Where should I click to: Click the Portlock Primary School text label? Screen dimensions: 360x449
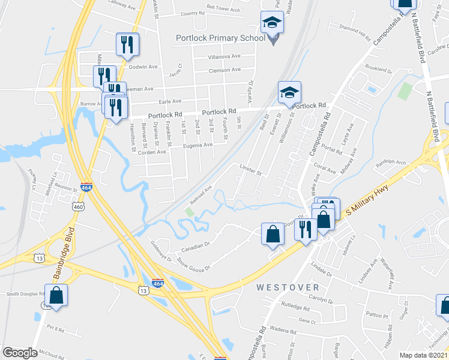pyautogui.click(x=220, y=38)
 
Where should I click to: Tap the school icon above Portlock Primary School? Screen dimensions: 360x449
pyautogui.click(x=272, y=23)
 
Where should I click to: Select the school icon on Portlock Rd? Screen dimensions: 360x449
pyautogui.click(x=289, y=93)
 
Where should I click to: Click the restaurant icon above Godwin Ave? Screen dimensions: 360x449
pyautogui.click(x=127, y=44)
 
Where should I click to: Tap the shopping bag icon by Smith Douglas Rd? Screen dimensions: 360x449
pyautogui.click(x=56, y=295)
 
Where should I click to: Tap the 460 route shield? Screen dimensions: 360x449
pyautogui.click(x=79, y=206)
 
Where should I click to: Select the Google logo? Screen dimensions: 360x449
pyautogui.click(x=20, y=353)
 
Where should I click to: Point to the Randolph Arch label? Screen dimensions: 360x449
pyautogui.click(x=408, y=161)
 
